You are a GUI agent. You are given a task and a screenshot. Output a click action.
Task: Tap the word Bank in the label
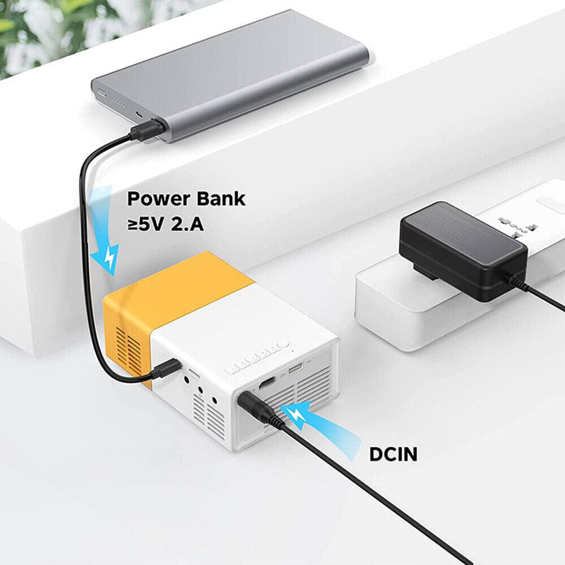coord(223,199)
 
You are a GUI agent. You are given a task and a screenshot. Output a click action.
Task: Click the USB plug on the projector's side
coord(166,370)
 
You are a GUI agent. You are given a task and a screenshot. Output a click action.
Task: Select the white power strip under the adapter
coord(390,305)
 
